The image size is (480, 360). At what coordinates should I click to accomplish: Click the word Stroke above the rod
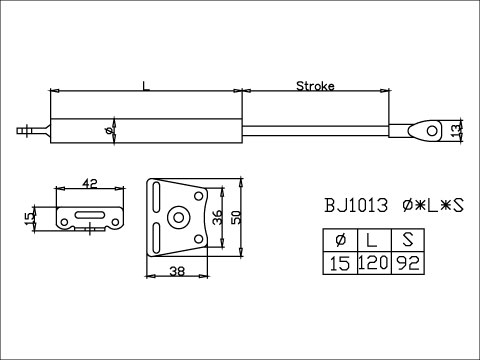click(x=315, y=86)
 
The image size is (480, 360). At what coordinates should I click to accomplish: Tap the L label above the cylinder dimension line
click(x=146, y=88)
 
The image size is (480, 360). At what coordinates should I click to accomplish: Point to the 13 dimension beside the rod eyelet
click(x=457, y=130)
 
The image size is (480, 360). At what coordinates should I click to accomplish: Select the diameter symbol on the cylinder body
click(x=109, y=130)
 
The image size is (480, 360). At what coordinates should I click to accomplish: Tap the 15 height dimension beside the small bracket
click(x=31, y=217)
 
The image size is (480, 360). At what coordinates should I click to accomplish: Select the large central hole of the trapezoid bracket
click(x=179, y=216)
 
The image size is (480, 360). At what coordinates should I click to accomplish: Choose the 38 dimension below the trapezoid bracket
click(x=175, y=270)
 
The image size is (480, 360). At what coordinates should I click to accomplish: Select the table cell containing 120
click(x=372, y=263)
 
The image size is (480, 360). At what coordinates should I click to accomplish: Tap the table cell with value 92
click(x=406, y=263)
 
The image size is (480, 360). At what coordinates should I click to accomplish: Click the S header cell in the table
click(x=406, y=240)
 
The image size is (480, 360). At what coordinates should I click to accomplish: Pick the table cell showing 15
click(x=339, y=263)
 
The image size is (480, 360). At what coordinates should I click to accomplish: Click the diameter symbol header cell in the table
click(x=339, y=240)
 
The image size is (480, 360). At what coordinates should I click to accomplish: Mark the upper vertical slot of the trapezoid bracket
click(x=157, y=195)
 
